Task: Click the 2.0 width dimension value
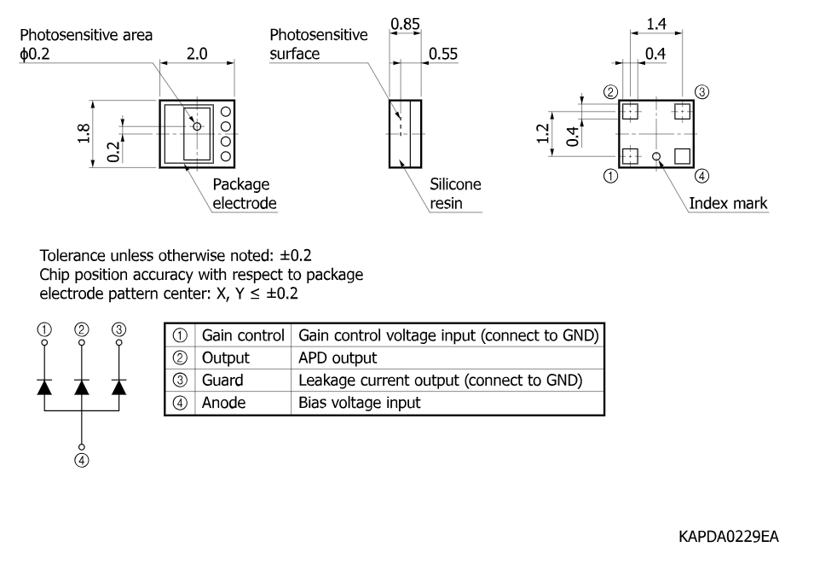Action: coord(197,54)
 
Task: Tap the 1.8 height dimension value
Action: coord(84,134)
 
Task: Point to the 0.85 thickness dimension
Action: coord(405,24)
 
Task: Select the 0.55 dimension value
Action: coord(443,54)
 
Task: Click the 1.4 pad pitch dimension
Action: coord(656,24)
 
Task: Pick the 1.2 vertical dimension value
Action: coord(543,134)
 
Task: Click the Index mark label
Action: coord(728,203)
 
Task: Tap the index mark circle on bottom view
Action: coord(656,156)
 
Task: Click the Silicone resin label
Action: coord(455,194)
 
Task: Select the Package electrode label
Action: coord(245,194)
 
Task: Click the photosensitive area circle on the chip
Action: coord(197,126)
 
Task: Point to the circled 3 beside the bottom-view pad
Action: coord(701,92)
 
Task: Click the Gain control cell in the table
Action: coord(243,335)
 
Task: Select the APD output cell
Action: coord(338,358)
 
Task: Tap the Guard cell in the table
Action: coord(222,381)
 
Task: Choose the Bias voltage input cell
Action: coord(359,403)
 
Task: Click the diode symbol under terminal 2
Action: coord(82,387)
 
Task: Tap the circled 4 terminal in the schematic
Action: coord(82,461)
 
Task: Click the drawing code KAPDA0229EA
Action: coord(729,537)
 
